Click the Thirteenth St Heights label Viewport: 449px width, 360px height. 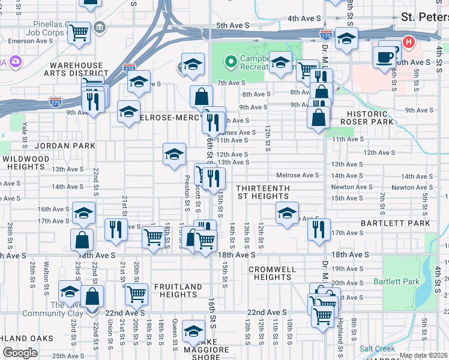(x=264, y=192)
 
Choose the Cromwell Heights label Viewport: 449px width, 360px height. (x=270, y=273)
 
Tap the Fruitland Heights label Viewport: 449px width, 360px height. (x=178, y=290)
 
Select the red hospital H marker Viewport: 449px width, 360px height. (x=409, y=43)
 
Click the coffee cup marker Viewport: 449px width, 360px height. (x=384, y=57)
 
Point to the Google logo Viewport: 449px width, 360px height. (x=20, y=353)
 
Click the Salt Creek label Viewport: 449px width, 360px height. (x=377, y=349)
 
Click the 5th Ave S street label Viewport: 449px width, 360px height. (x=233, y=25)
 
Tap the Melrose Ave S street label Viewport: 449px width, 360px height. (x=297, y=175)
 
